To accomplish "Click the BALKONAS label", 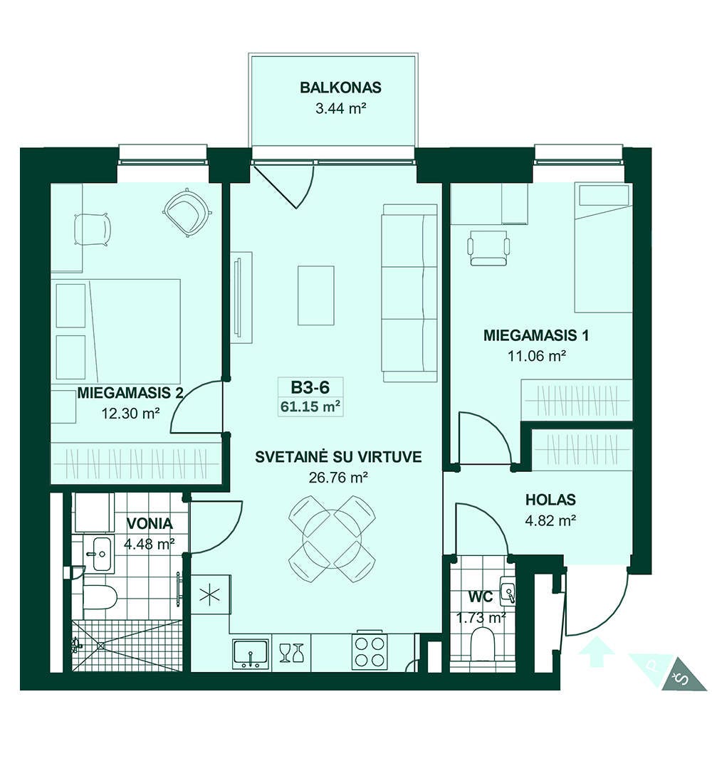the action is [340, 88].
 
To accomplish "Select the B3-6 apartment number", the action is [310, 387].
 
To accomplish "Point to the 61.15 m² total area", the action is [310, 406].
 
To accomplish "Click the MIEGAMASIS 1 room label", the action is [535, 335].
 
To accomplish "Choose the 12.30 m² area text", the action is [130, 414].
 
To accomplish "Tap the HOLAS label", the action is [550, 500].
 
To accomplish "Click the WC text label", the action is [481, 597].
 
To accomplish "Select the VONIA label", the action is [150, 524].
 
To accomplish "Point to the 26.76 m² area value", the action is [338, 478].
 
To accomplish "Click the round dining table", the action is [332, 538].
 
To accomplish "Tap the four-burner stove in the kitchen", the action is [370, 651].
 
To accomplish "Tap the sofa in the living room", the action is [409, 293].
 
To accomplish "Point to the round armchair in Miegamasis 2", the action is [187, 211].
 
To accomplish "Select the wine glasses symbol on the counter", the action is [291, 653].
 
